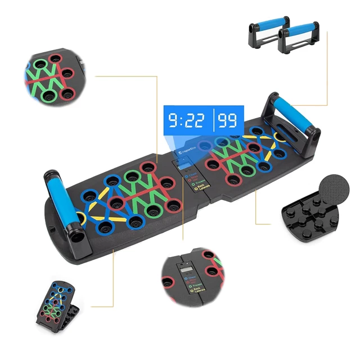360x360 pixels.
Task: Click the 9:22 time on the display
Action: (186, 120)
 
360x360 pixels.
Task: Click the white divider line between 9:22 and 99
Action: (213, 120)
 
